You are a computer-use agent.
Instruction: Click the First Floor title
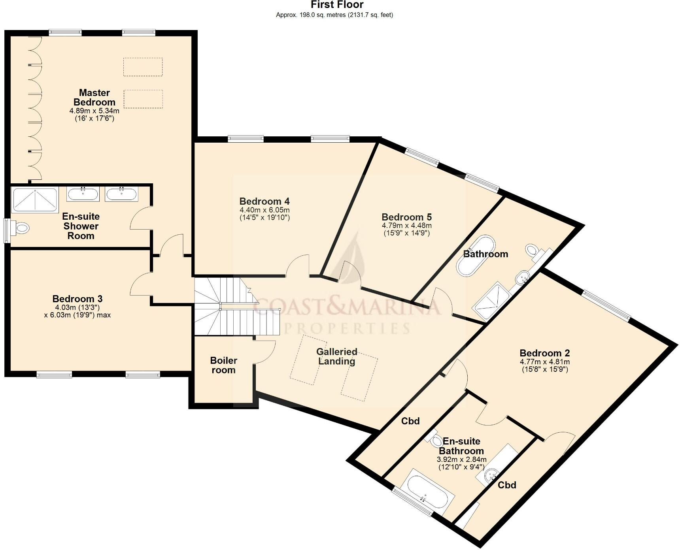coord(337,5)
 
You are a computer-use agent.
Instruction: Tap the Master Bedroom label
coord(94,97)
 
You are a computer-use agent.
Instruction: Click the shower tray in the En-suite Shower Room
coord(35,200)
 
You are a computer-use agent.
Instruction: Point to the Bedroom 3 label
coord(77,299)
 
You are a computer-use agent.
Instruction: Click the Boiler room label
coord(223,365)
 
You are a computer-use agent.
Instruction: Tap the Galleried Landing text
coord(336,356)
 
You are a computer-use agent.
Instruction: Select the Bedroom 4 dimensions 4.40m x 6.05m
coord(264,210)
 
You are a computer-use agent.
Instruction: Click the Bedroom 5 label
coord(406,217)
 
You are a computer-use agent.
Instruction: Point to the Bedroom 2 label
coord(544,353)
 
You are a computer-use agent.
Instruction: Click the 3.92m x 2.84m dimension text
coord(461,460)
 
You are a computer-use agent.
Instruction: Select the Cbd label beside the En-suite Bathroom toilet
coord(410,421)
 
